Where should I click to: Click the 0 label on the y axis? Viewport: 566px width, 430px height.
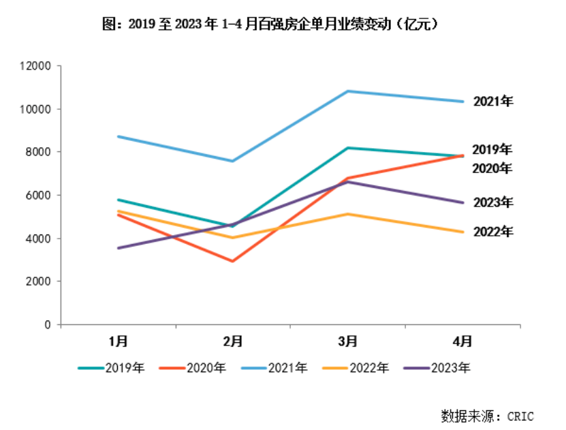48,325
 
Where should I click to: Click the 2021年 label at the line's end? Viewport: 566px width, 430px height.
492,102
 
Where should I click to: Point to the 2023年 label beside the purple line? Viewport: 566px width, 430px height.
492,202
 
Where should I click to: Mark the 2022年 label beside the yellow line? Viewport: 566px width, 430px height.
492,232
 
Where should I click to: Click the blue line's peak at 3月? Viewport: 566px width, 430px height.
347,91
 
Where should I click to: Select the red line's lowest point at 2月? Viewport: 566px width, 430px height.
233,261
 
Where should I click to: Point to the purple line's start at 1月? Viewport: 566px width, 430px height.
119,248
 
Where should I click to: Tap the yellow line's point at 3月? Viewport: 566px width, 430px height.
347,214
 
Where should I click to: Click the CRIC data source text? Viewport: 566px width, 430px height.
487,415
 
